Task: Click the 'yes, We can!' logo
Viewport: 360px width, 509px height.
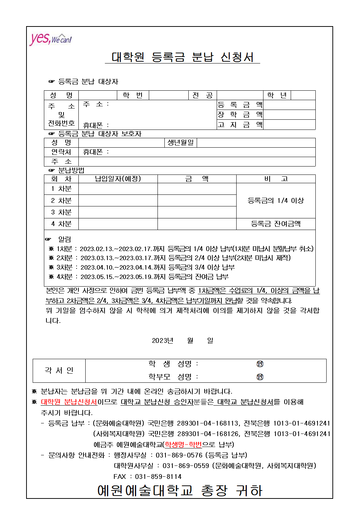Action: click(x=50, y=38)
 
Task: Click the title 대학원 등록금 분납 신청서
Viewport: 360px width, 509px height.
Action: click(x=182, y=57)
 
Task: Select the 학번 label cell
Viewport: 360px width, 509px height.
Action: click(x=132, y=95)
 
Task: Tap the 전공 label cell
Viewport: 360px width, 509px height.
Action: click(x=202, y=95)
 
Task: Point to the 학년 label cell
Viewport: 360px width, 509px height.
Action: click(x=277, y=95)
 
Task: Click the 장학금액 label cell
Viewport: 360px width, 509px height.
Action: click(x=240, y=115)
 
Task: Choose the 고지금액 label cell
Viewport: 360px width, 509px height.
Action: click(x=240, y=125)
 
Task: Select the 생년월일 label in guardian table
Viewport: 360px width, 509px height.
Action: click(x=181, y=143)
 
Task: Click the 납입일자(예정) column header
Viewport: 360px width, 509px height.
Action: click(x=118, y=179)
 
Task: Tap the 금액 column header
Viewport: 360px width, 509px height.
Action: click(x=197, y=179)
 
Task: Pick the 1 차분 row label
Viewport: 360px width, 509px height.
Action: click(x=61, y=189)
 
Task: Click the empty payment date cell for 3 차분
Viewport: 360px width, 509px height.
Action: click(x=118, y=212)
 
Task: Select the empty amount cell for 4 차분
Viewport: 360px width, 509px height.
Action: click(x=197, y=224)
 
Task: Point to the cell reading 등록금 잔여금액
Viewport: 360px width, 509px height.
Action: click(x=276, y=224)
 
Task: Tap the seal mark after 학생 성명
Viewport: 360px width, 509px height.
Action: click(x=260, y=364)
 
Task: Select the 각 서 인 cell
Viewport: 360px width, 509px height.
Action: click(x=59, y=370)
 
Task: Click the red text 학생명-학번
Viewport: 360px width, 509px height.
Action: click(x=183, y=444)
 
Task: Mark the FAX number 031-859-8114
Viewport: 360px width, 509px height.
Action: click(x=158, y=476)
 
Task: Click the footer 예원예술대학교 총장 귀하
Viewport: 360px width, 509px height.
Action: click(x=180, y=490)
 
